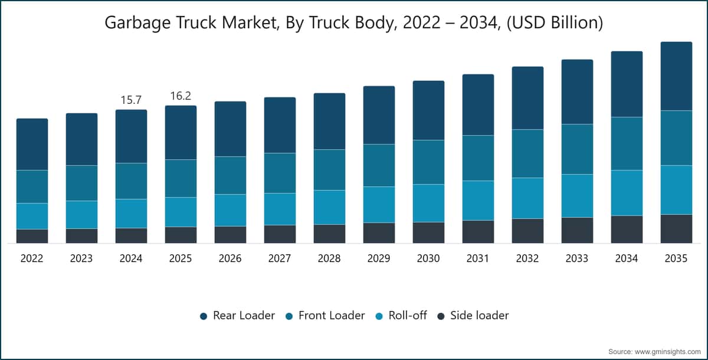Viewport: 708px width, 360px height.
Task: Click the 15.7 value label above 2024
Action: tap(131, 100)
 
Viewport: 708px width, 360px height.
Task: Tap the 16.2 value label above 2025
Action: tap(181, 96)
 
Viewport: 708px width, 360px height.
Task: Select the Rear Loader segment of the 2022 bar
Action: tap(32, 145)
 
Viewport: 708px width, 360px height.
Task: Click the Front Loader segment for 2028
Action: tap(329, 170)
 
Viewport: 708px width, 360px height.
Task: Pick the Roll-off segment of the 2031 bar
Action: tap(478, 201)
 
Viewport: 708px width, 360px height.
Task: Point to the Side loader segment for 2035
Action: tap(676, 229)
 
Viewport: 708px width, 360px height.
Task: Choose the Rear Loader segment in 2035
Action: tap(676, 76)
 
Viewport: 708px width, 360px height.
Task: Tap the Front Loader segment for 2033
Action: tap(577, 149)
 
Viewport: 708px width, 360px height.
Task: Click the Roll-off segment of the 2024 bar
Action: tap(131, 214)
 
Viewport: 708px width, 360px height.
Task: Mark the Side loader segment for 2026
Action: tap(231, 234)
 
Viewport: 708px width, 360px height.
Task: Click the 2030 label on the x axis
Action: tap(428, 258)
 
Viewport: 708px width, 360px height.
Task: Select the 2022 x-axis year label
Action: tap(32, 258)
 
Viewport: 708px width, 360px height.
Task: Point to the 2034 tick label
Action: tap(626, 258)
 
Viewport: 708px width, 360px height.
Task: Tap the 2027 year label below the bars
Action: tap(280, 258)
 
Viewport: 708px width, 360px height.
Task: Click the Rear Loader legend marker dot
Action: tap(204, 316)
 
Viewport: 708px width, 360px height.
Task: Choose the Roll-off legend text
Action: tap(408, 315)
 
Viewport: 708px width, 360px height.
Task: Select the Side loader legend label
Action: tap(480, 315)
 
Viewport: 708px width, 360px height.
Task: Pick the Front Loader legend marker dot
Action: tap(289, 316)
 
